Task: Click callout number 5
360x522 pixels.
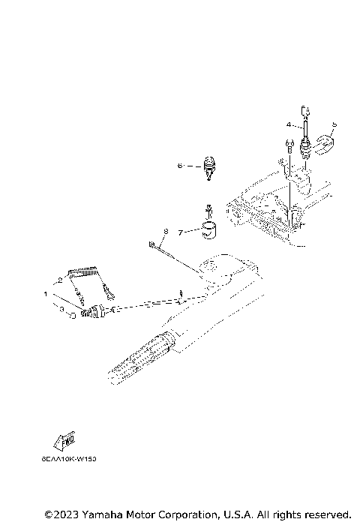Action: [x=334, y=124]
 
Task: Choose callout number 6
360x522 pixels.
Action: [x=180, y=164]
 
